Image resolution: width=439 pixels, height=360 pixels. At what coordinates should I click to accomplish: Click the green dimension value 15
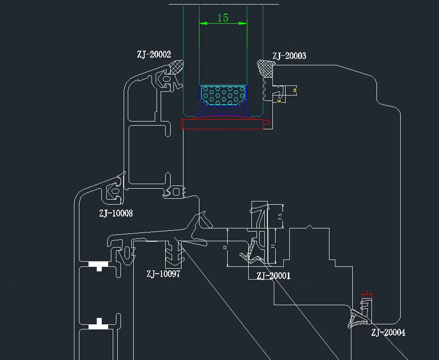point(223,18)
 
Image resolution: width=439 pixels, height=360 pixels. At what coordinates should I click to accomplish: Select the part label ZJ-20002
point(154,54)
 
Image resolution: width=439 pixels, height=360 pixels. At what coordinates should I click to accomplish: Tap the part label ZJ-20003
point(289,56)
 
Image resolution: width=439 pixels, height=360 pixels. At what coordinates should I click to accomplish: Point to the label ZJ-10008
point(116,213)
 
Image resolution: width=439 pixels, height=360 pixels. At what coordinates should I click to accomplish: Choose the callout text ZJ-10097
point(163,274)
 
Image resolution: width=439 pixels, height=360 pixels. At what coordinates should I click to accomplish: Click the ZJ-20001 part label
point(273,275)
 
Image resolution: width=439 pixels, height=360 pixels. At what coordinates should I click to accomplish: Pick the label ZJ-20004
point(388,333)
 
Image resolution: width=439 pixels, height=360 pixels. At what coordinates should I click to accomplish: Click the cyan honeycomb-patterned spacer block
point(223,94)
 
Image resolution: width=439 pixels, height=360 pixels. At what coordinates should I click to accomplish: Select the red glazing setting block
point(223,124)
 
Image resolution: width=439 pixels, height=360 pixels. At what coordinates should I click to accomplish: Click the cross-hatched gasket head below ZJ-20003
point(265,69)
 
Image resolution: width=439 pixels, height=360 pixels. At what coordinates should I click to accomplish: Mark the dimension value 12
point(225,247)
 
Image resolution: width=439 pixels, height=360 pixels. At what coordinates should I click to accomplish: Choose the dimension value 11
point(273,246)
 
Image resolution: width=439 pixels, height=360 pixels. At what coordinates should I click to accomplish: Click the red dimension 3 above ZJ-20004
point(366,292)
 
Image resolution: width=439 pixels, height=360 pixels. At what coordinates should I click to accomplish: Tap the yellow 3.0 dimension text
point(295,90)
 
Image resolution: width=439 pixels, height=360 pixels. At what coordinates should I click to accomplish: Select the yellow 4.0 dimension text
point(278,101)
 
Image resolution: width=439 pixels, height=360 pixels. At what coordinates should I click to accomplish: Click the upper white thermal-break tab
point(99,265)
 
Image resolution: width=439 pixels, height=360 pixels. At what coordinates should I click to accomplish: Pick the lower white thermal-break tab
point(99,326)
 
